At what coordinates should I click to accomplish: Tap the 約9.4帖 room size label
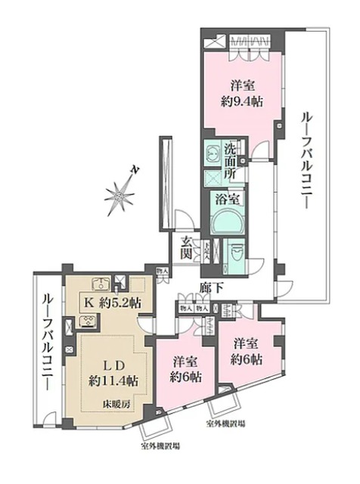243,101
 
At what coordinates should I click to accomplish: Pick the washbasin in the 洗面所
213,150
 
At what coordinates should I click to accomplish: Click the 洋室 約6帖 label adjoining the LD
185,368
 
